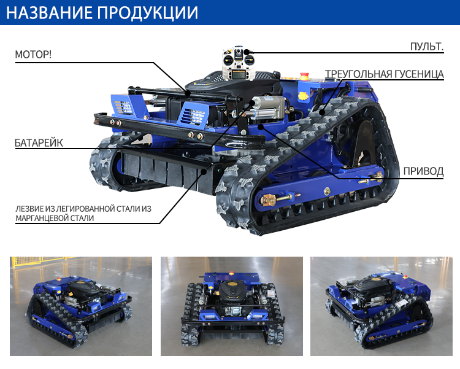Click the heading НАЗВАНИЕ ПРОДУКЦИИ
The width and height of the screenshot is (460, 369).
102,12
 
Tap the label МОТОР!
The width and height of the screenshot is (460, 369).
33,55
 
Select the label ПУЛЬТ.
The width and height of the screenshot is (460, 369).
427,47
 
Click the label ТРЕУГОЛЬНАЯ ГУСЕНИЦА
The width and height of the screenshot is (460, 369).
385,74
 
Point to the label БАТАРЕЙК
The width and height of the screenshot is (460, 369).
39,143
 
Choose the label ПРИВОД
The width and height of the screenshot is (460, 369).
423,171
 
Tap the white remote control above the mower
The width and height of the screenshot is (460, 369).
238,63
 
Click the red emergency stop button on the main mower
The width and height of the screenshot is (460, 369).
304,76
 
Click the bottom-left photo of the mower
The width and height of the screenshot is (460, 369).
81,306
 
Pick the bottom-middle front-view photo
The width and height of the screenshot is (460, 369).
232,306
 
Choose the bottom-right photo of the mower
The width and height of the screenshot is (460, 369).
381,306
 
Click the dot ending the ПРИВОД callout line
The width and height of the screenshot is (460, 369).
261,126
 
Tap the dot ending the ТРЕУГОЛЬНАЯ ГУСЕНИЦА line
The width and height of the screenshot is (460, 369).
322,112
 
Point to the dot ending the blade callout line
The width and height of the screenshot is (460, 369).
203,171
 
